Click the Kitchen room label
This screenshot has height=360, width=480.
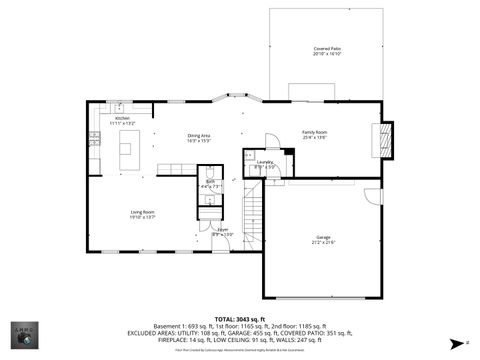click(122, 120)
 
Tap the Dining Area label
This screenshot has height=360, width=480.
click(198, 138)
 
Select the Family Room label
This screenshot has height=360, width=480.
click(315, 134)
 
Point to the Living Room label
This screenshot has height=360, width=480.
click(142, 213)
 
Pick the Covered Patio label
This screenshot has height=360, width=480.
click(327, 51)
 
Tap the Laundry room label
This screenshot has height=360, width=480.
click(265, 164)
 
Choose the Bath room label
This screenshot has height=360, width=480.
click(211, 184)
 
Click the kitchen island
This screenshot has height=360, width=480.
click(127, 150)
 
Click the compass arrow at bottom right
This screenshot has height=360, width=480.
click(458, 342)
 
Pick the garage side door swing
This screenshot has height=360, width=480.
click(372, 195)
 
